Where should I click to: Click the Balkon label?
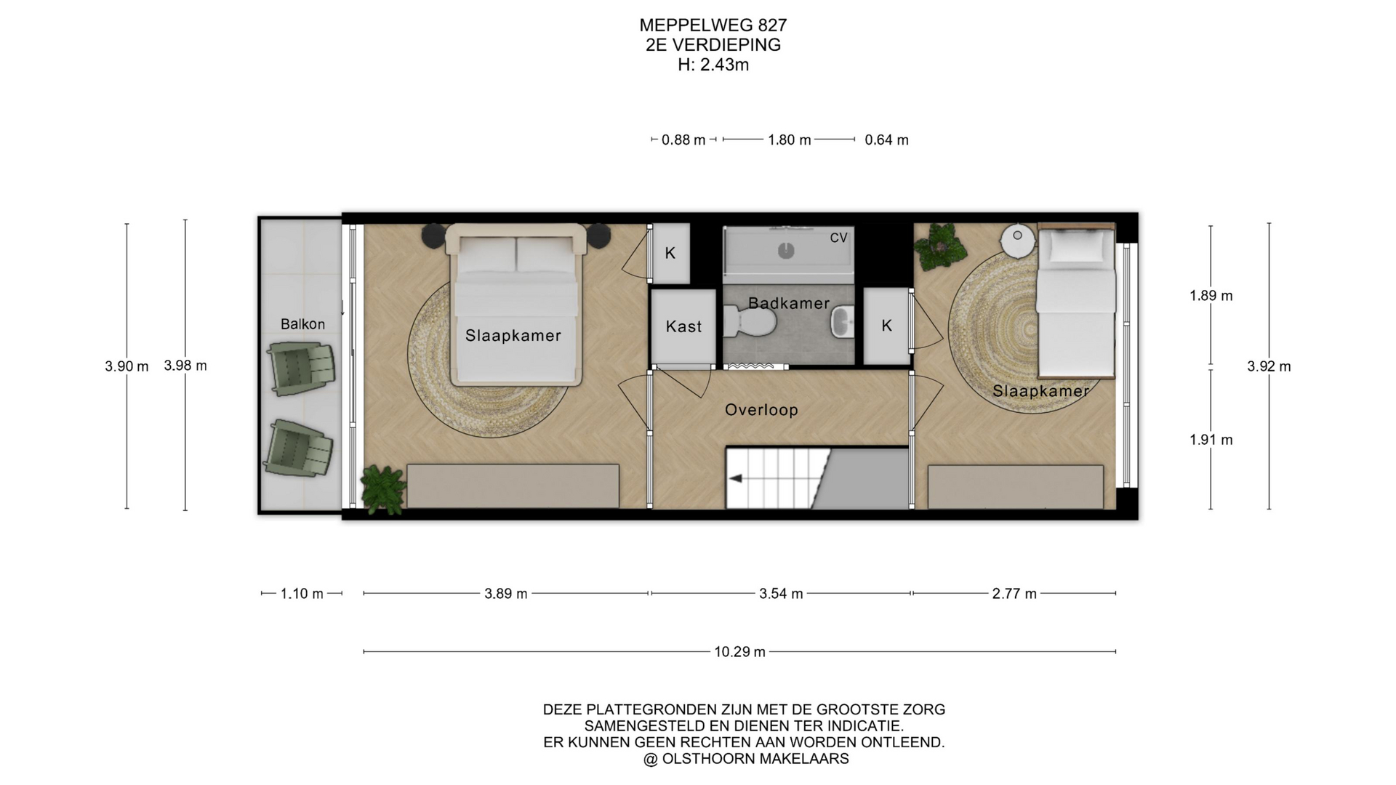[x=302, y=324]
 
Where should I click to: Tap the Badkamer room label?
[x=789, y=303]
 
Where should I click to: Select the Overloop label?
[x=761, y=410]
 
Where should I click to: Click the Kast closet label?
[x=683, y=327]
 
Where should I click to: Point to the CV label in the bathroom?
[x=838, y=238]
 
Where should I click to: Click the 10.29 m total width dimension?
[x=739, y=652]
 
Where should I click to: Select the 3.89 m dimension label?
[x=506, y=594]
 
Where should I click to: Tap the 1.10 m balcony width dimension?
[x=302, y=594]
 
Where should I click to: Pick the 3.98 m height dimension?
[x=185, y=366]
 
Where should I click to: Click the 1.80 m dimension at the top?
[x=789, y=140]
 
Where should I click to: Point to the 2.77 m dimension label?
[x=1014, y=594]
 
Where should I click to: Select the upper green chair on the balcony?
[x=301, y=368]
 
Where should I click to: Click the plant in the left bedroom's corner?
[x=382, y=488]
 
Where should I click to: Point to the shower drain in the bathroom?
[x=786, y=251]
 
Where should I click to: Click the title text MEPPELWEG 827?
[x=713, y=25]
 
